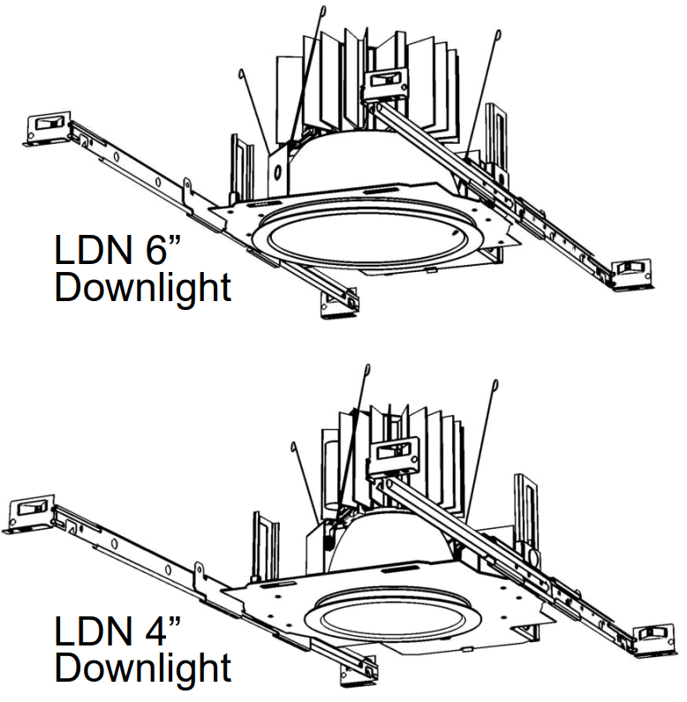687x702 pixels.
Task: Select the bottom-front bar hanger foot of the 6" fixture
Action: [x=338, y=302]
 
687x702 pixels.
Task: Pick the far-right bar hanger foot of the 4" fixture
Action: [x=656, y=638]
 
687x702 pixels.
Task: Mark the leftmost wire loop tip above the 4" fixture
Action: [x=291, y=446]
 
